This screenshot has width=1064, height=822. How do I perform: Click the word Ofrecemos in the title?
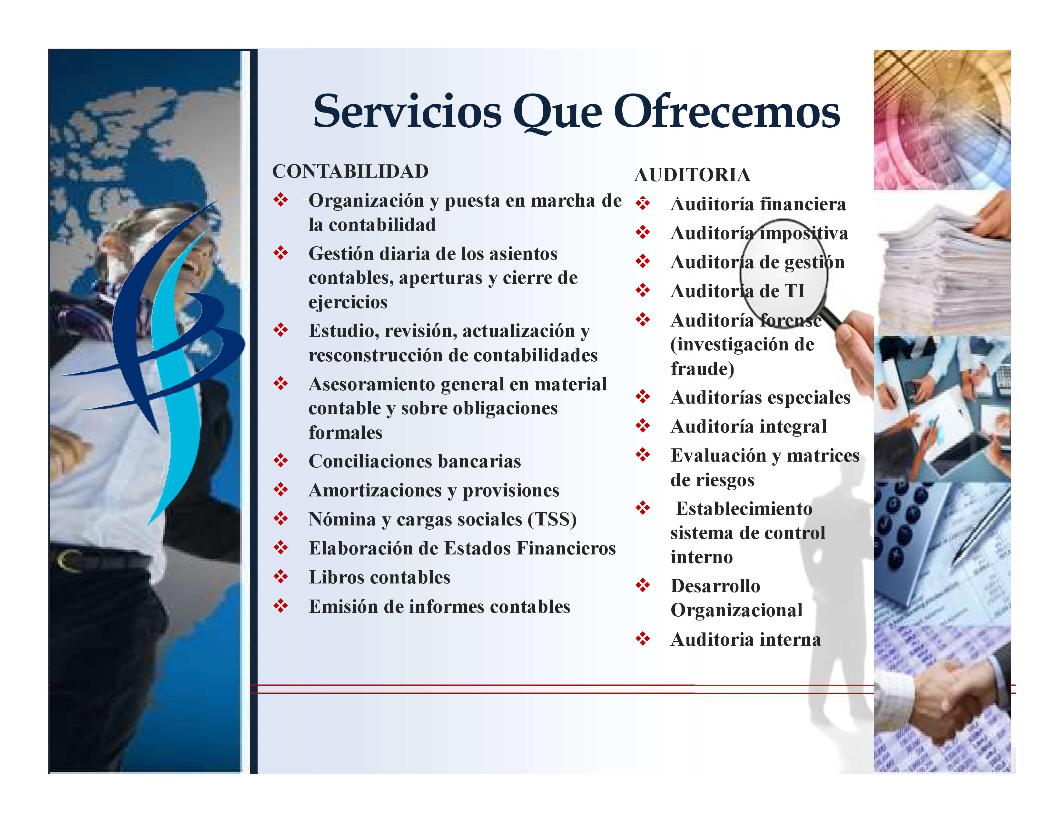pyautogui.click(x=730, y=112)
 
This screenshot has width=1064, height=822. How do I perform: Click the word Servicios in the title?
pyautogui.click(x=407, y=112)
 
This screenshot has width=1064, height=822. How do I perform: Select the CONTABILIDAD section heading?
pyautogui.click(x=350, y=171)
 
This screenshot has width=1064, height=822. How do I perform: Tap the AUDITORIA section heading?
pyautogui.click(x=692, y=175)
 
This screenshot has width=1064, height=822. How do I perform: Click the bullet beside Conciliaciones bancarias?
pyautogui.click(x=281, y=461)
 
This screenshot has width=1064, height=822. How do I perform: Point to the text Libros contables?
pyautogui.click(x=379, y=577)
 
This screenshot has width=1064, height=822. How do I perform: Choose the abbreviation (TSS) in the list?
pyautogui.click(x=552, y=519)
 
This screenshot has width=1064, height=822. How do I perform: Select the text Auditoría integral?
pyautogui.click(x=748, y=426)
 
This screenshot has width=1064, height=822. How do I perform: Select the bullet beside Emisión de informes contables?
pyautogui.click(x=281, y=606)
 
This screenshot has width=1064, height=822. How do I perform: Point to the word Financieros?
pyautogui.click(x=566, y=548)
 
